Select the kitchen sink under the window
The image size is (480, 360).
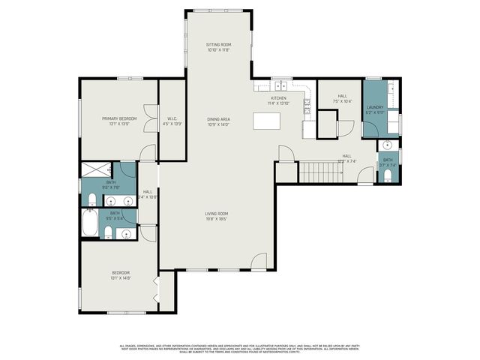[x=280, y=86]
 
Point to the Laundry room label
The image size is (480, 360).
[x=375, y=109]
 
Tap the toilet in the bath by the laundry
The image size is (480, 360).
[x=386, y=176]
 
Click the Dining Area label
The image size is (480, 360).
[x=218, y=121]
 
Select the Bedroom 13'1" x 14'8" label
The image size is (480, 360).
[x=121, y=274]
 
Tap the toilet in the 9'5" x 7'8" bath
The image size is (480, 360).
[x=90, y=199]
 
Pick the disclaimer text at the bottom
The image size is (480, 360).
[x=240, y=348]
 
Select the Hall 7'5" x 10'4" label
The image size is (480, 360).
[x=342, y=98]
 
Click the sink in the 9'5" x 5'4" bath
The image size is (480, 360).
[x=125, y=235]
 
